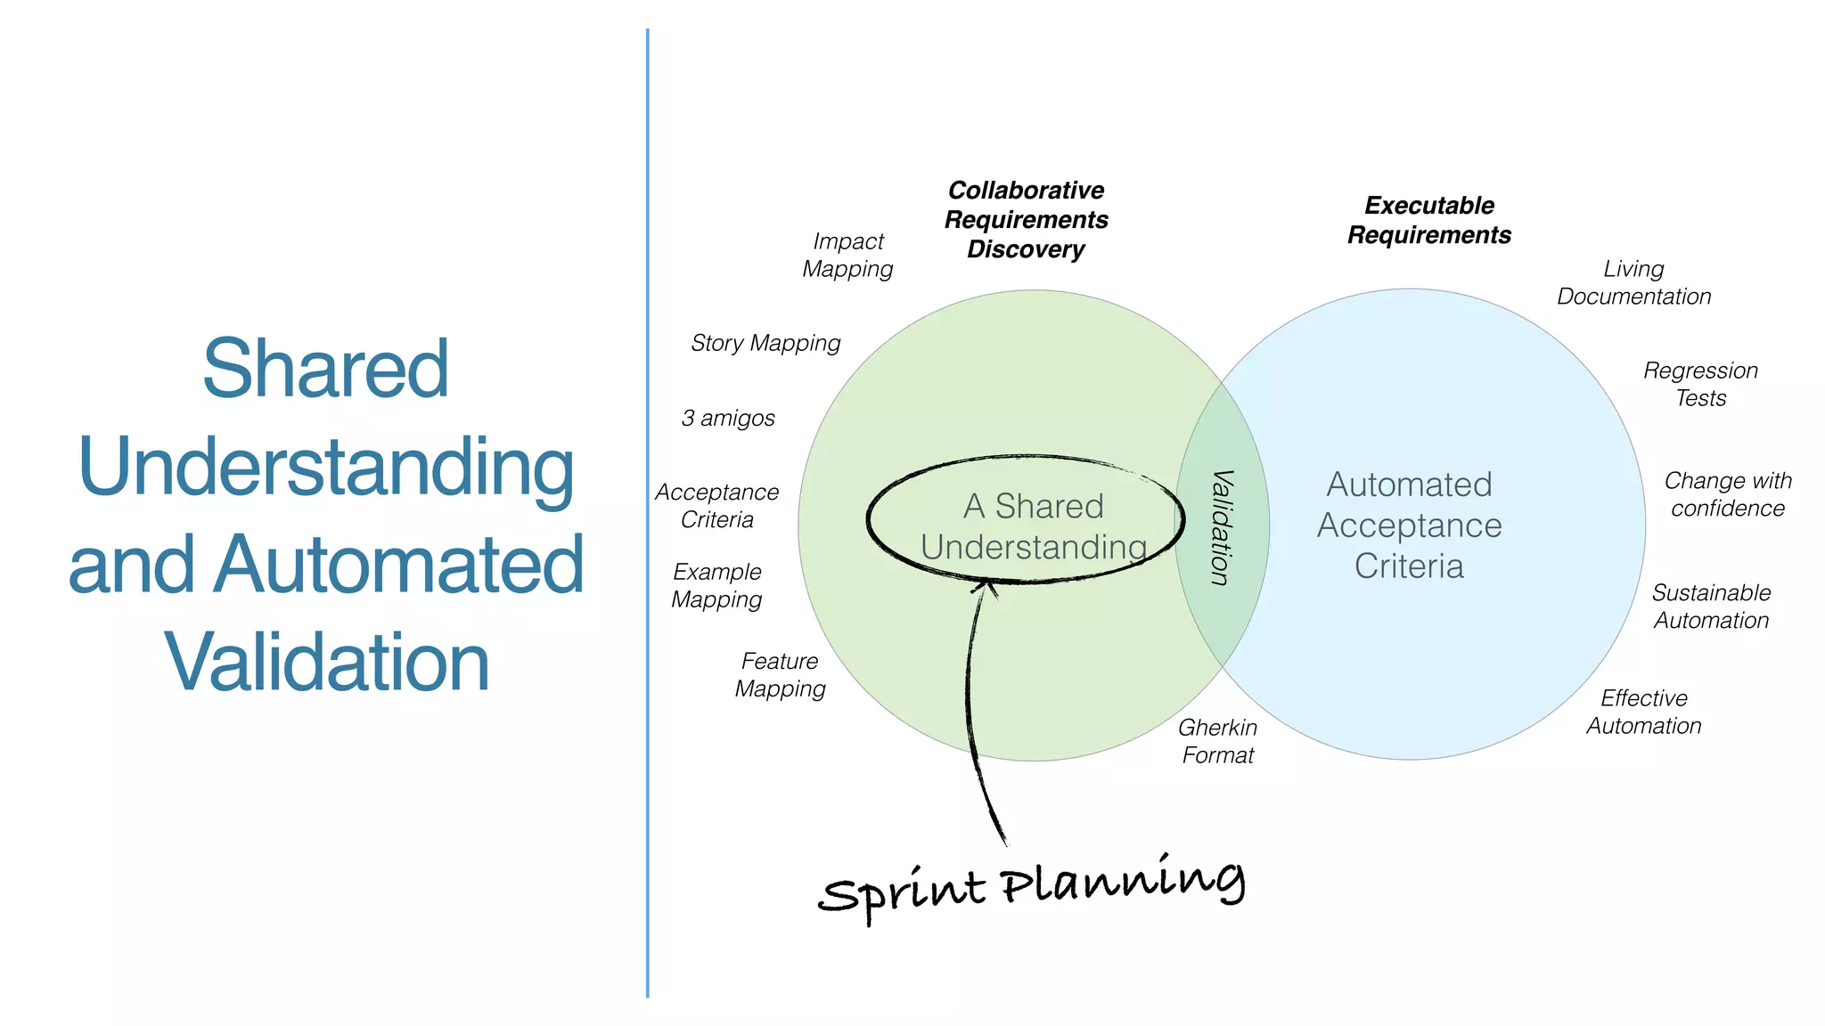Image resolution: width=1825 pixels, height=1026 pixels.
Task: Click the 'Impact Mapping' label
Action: coord(847,256)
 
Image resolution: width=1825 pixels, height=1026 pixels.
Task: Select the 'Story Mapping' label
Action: coord(765,344)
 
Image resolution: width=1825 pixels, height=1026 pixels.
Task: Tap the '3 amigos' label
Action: coord(728,418)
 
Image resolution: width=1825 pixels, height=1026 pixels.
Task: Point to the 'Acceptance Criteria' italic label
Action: coord(717,506)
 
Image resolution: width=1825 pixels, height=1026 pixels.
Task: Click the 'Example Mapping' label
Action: coord(717,585)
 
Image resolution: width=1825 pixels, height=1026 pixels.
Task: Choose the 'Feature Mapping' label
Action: coord(780,675)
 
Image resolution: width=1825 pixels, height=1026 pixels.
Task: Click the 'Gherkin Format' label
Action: coord(1217,741)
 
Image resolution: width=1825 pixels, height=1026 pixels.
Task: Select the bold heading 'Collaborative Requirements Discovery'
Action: coord(1026,220)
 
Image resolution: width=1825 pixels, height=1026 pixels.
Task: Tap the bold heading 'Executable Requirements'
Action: coord(1429,220)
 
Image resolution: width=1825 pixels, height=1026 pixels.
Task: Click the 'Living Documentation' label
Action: coord(1633,283)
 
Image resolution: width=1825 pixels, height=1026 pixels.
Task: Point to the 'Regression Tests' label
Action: coord(1700,384)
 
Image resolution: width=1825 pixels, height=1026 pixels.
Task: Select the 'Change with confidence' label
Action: coord(1728,494)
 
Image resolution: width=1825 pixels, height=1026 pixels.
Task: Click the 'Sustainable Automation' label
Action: coord(1711,607)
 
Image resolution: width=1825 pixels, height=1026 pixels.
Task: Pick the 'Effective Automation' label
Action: coord(1643,712)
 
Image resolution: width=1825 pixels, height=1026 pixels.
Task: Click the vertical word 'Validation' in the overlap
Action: coord(1222,527)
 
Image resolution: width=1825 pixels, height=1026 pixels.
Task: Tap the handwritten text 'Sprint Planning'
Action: coord(1031,887)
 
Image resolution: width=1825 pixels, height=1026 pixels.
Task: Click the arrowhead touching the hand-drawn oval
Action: coord(986,586)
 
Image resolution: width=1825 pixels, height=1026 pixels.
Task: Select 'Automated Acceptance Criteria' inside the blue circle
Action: coord(1409,525)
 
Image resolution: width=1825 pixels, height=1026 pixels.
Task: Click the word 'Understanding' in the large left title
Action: coord(326,467)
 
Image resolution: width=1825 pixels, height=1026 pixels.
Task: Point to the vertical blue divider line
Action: coord(648,513)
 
